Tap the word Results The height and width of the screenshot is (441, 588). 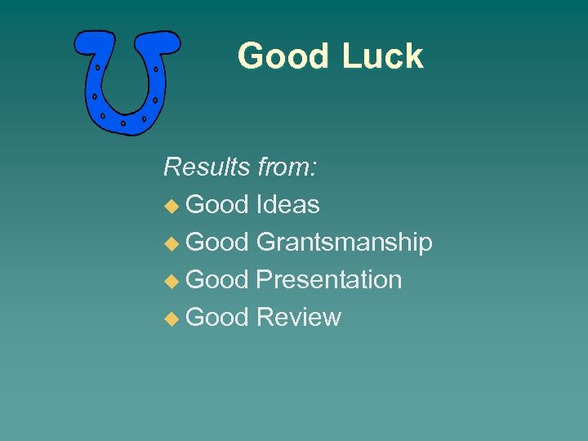(x=207, y=167)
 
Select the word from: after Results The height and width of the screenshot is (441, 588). (x=287, y=167)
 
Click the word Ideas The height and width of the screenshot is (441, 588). (x=287, y=205)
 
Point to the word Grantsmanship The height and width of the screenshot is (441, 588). (x=344, y=243)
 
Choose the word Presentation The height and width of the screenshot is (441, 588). (x=328, y=280)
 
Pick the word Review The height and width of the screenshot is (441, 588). (x=298, y=318)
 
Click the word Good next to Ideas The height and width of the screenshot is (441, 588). (x=217, y=205)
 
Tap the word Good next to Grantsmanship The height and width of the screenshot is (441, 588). (x=217, y=243)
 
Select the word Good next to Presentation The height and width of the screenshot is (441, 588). (x=217, y=280)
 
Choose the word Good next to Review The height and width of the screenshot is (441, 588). (x=217, y=318)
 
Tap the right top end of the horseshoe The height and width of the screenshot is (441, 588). (x=163, y=42)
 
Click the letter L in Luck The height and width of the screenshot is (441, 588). (x=350, y=56)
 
